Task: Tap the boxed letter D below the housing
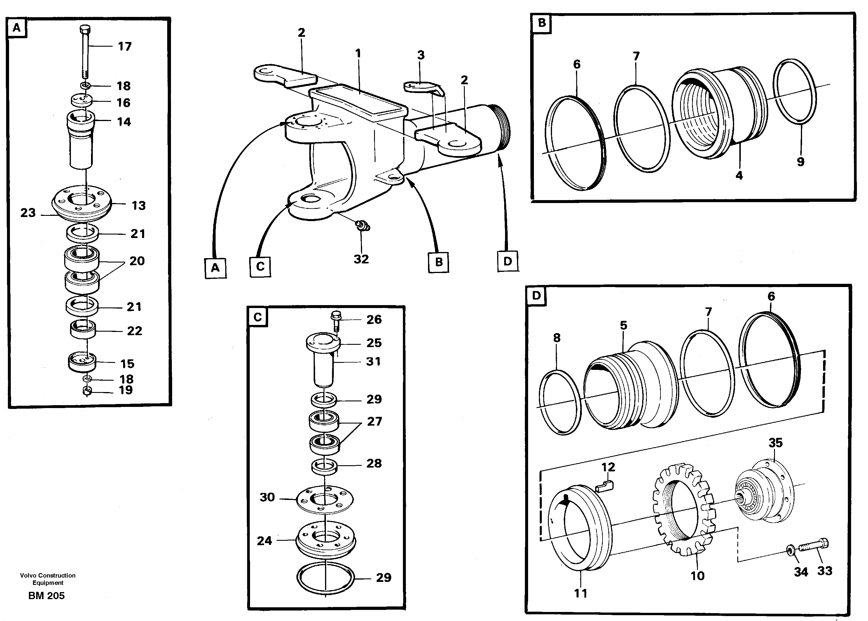pyautogui.click(x=507, y=262)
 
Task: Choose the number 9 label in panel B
pyautogui.click(x=800, y=162)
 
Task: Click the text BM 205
pyautogui.click(x=46, y=596)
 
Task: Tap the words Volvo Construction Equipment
pyautogui.click(x=48, y=579)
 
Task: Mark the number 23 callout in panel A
pyautogui.click(x=27, y=213)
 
